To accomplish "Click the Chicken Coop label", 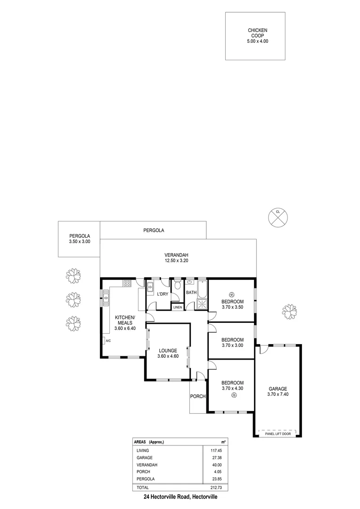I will (x=257, y=36).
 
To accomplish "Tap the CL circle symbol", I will (x=278, y=217).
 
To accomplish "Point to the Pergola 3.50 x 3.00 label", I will (x=79, y=238).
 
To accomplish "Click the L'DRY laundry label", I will (x=163, y=295).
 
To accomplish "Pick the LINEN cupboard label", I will (x=177, y=307).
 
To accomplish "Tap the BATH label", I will (x=191, y=293).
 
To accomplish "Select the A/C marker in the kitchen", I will (x=108, y=341).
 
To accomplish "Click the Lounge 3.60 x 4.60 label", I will (x=168, y=353).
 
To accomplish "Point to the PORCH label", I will (x=198, y=396).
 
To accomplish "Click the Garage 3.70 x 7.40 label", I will (x=278, y=392).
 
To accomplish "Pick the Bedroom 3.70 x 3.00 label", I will (x=232, y=343).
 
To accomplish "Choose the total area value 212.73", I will (x=215, y=487).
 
